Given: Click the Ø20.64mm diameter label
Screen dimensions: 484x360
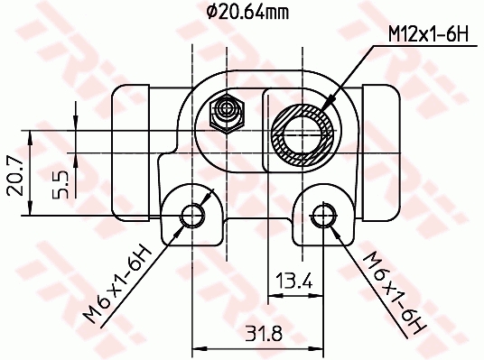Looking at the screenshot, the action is point(247,13).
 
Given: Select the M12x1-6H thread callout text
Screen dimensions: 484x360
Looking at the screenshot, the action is point(428,33).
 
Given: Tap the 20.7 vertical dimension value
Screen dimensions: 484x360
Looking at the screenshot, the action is point(15,177).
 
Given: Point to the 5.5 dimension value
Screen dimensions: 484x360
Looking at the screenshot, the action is point(60,184).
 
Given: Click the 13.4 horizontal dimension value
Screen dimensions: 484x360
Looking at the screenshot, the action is point(294,280).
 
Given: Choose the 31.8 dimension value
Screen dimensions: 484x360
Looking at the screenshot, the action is point(264,334).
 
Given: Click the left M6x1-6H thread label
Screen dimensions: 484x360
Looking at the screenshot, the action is point(118,284).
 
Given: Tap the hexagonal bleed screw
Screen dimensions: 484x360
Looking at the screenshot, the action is point(228,114).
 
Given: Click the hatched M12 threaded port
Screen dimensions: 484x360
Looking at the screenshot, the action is point(303,134).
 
